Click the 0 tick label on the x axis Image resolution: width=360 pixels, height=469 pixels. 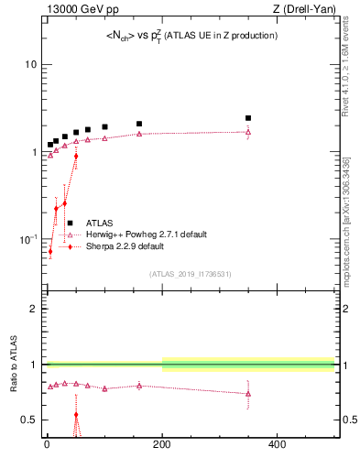47,444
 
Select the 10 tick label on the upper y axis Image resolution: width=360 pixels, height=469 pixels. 29,65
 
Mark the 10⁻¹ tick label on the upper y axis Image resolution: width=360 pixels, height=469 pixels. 27,239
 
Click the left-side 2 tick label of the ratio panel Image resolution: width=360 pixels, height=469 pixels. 34,309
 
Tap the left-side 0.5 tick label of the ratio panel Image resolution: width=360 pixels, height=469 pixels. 29,420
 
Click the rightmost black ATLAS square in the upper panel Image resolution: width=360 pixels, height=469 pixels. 248,118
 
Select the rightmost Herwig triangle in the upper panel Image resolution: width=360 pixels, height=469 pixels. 248,132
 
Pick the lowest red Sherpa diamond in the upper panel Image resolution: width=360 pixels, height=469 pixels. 50,251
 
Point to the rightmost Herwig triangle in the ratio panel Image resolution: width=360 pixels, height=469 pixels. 248,394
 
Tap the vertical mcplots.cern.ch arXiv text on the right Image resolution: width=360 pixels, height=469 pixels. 351,211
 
